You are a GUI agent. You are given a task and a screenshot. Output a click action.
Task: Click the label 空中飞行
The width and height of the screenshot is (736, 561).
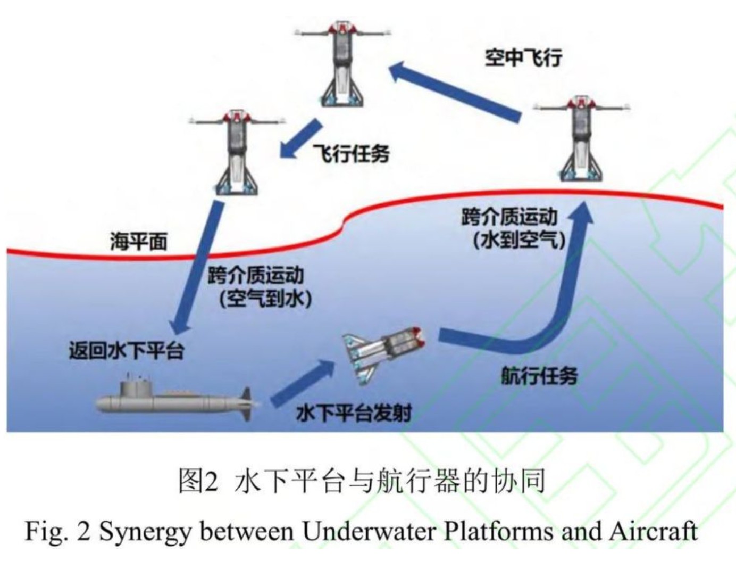point(523,57)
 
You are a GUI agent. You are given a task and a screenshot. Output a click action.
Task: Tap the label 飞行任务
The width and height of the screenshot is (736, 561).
point(351,154)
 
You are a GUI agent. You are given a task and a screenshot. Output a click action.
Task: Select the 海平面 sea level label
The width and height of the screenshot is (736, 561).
point(138,242)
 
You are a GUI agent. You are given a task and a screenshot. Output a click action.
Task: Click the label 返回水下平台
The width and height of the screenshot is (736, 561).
point(127,351)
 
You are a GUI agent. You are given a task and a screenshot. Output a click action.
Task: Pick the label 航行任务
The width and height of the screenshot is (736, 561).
point(539,376)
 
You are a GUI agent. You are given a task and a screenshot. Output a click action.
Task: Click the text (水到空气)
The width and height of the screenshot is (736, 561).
point(518,240)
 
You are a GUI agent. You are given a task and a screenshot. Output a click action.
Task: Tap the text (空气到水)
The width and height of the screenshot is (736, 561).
point(265,298)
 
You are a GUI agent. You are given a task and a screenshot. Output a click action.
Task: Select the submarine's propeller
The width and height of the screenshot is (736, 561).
point(247,403)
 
